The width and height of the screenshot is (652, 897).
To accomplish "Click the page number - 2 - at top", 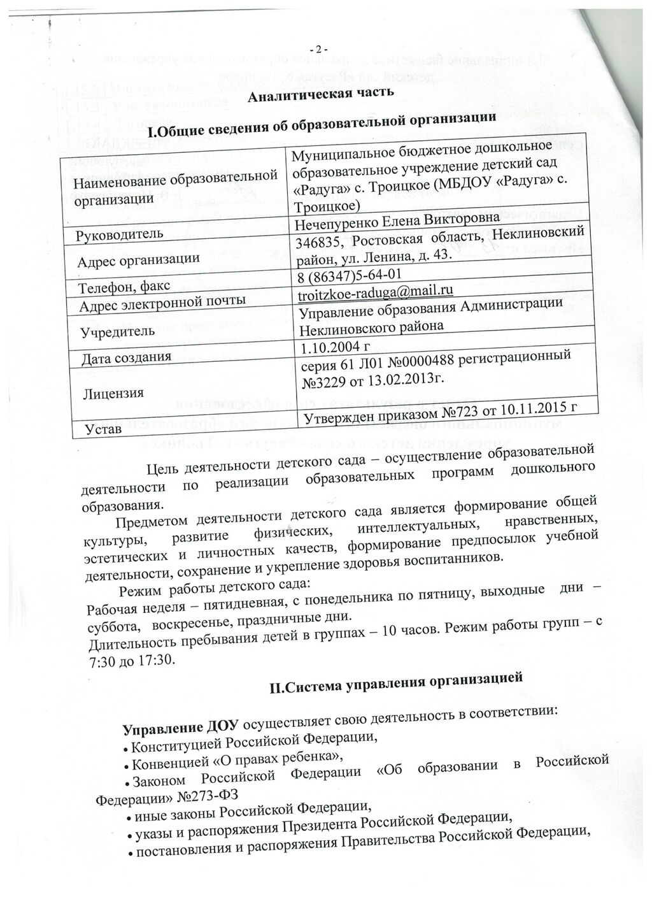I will coord(316,50).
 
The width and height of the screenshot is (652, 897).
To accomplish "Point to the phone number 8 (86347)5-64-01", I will coord(349,275).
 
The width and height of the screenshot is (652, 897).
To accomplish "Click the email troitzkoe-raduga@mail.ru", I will coord(376,292).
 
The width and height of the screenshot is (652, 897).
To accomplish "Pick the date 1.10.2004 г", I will coord(335,347).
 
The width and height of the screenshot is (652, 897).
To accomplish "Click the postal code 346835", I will coord(315,242).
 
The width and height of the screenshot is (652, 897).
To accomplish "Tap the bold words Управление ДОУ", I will coord(180,727).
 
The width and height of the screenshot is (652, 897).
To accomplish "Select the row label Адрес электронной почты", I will coord(162,300).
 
